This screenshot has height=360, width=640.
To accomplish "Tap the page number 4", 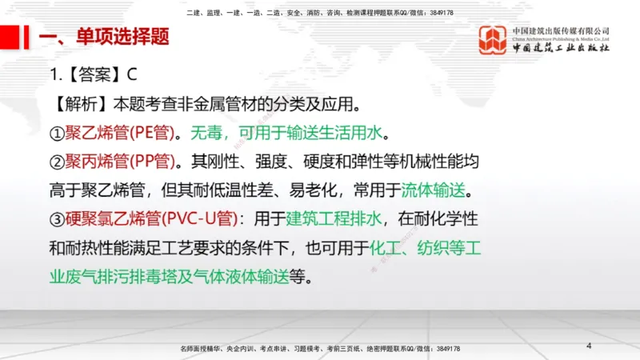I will [589, 346].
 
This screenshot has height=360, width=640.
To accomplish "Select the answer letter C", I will [132, 75].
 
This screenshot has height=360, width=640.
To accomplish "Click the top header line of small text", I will [319, 13].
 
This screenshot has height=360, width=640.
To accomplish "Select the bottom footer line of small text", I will [321, 349].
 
